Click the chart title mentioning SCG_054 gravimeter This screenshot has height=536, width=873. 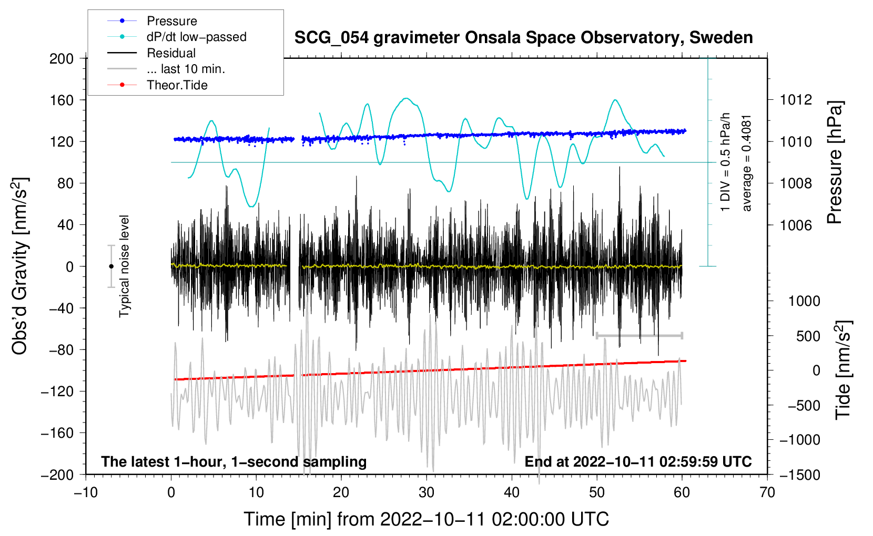[x=523, y=38]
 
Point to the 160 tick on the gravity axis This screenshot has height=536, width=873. [x=61, y=100]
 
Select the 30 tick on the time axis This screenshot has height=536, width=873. [x=427, y=492]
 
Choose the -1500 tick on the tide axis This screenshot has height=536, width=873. [x=799, y=475]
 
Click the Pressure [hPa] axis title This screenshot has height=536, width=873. [x=835, y=162]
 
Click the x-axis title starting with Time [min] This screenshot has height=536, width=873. [x=426, y=519]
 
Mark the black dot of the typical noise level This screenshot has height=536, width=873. [x=111, y=266]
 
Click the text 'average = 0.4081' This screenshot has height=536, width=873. [x=747, y=163]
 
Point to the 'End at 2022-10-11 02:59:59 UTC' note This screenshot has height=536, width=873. [x=638, y=462]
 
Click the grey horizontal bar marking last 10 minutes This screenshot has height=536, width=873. [x=639, y=335]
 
